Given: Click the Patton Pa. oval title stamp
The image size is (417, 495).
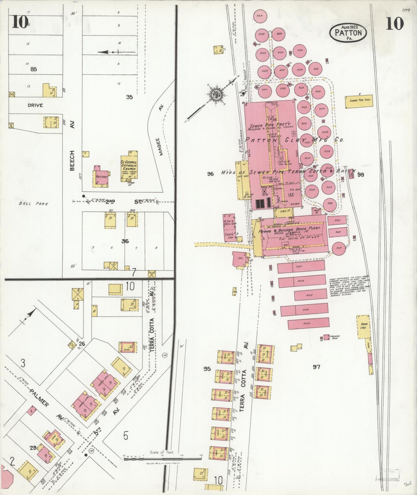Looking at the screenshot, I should click(x=348, y=32).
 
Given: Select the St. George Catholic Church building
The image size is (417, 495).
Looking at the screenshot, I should click(x=129, y=167).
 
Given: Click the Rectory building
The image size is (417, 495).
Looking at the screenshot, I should click(x=101, y=177).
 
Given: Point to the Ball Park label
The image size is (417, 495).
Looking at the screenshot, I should click(x=33, y=204).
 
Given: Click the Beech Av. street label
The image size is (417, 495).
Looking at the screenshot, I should click(x=72, y=160).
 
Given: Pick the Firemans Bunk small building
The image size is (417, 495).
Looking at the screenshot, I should click(x=326, y=337).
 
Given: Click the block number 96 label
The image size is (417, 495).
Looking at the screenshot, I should click(x=210, y=174).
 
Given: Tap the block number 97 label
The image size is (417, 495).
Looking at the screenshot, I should click(x=317, y=367).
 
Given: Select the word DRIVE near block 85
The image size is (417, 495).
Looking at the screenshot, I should click(x=35, y=105).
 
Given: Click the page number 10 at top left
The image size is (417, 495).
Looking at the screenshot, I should click(x=20, y=22).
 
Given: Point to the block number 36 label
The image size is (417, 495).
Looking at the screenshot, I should click(x=125, y=241).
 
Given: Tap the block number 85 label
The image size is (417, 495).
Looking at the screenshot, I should click(x=33, y=69).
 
